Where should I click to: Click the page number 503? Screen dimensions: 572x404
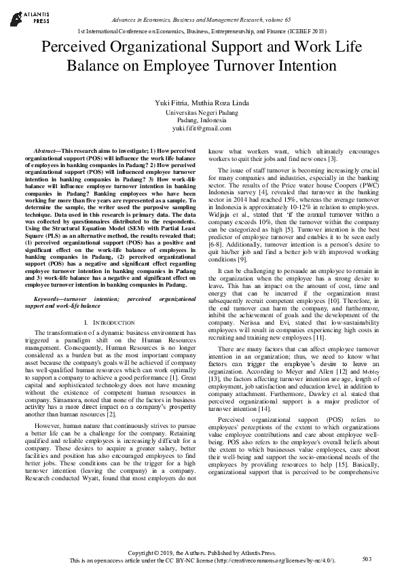367,558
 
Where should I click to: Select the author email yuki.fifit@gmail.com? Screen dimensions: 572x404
202,128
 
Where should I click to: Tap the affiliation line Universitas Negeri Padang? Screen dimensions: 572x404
202,111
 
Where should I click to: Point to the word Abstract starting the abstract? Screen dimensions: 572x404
49,149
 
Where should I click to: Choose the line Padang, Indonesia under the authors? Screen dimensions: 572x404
202,120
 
